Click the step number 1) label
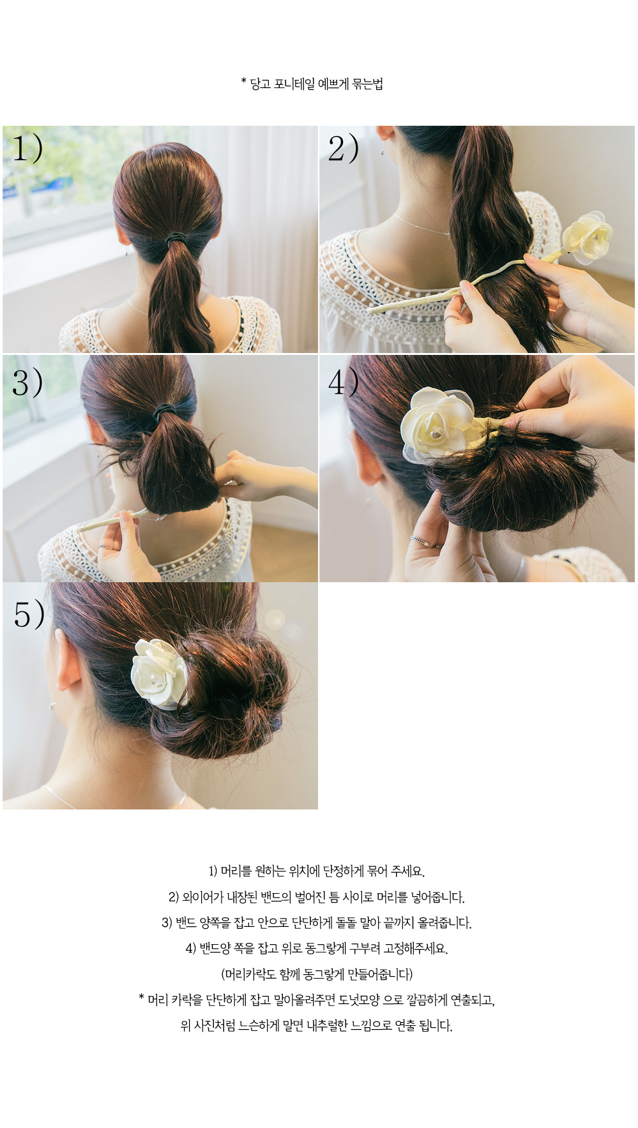pos(28,148)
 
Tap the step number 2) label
pos(344,149)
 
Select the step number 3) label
pos(28,382)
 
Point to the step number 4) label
pos(344,382)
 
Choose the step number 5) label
pos(29,614)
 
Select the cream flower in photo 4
pos(436,424)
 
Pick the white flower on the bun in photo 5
pos(159,674)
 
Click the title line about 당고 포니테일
pos(312,84)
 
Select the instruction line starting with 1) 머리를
pos(317,871)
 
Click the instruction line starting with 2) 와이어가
pos(317,897)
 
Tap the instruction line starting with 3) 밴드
pos(317,922)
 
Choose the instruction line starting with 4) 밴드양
pos(317,948)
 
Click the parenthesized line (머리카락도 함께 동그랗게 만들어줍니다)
pos(317,974)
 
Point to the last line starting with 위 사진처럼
pos(317,1026)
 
